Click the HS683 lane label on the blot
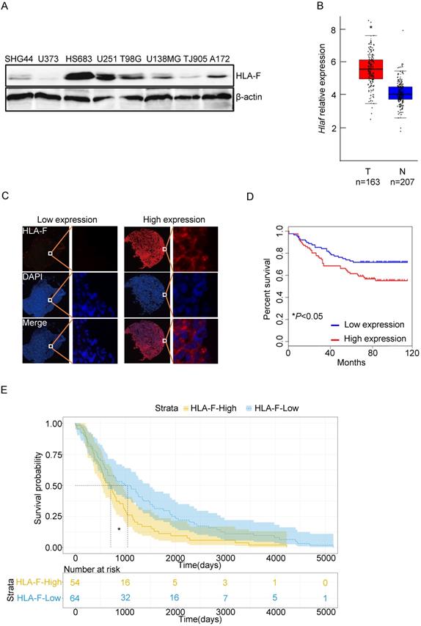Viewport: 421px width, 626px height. point(78,58)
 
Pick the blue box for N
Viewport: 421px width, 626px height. point(400,93)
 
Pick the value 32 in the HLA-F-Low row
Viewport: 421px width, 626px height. point(127,598)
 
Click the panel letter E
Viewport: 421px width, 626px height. point(7,387)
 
